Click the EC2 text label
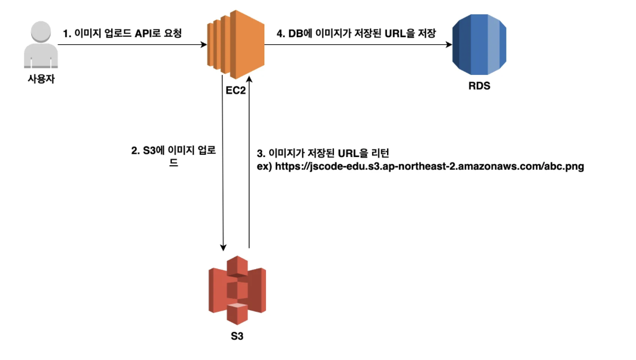235,90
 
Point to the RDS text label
479,86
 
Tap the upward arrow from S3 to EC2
249,164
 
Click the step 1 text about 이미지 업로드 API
122,33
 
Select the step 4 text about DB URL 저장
356,33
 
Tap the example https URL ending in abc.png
420,166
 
